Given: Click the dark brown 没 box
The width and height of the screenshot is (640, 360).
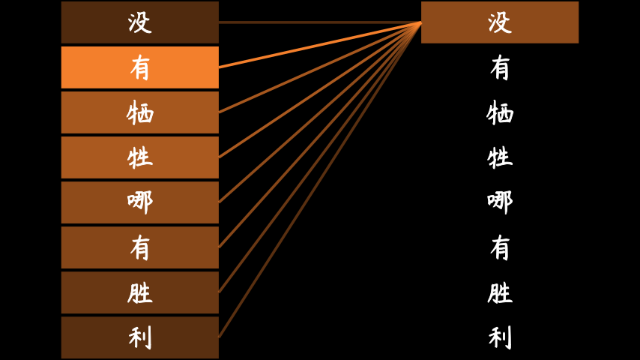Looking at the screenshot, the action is click(x=140, y=22).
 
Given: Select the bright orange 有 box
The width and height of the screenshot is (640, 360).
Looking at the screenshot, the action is click(x=140, y=67).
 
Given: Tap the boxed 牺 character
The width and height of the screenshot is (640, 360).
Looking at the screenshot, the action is click(x=140, y=112).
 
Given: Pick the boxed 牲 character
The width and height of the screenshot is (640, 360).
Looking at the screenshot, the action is click(x=140, y=157).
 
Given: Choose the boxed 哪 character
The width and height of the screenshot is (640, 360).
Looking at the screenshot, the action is click(x=140, y=202).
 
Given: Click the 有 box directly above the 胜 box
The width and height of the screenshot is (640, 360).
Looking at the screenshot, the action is click(x=140, y=247).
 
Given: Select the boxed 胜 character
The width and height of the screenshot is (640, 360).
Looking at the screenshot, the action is click(x=140, y=292).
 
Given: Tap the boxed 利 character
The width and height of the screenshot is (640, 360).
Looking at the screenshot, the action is click(x=140, y=337).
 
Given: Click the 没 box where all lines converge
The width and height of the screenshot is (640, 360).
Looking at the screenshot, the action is click(x=500, y=22).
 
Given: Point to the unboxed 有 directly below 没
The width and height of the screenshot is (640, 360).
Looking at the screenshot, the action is click(x=500, y=67).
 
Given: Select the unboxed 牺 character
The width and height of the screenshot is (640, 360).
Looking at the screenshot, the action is click(x=500, y=112).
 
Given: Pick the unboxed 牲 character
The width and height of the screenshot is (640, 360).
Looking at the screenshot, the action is click(x=500, y=157).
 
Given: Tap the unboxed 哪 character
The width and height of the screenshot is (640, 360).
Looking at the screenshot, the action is click(x=500, y=202).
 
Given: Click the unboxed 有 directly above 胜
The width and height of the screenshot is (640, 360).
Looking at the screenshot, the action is click(x=500, y=247).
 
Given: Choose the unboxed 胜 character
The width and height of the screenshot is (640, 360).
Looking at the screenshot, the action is click(x=500, y=292).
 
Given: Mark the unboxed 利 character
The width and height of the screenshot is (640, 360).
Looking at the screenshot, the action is click(x=500, y=337).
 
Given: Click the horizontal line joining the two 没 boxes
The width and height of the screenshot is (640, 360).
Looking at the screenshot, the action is click(x=320, y=22).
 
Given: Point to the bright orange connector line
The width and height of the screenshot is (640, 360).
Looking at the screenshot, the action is click(x=320, y=45).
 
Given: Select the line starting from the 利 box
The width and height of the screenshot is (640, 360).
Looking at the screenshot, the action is click(x=320, y=180).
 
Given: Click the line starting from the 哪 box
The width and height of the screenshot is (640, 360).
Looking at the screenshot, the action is click(x=320, y=112).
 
